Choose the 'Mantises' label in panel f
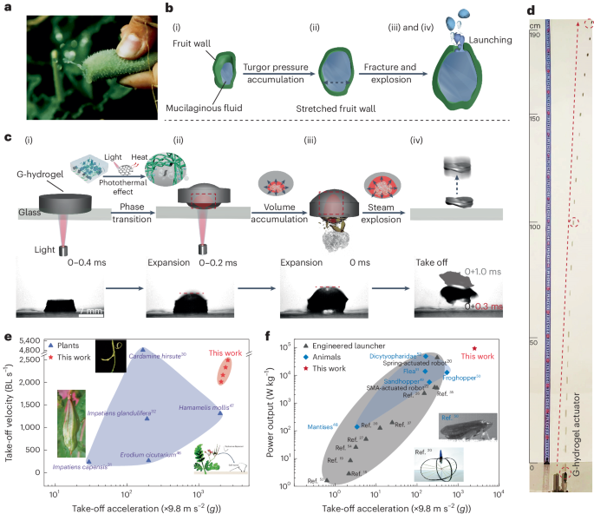[x=323, y=426]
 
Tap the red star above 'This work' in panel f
[x=473, y=347]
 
